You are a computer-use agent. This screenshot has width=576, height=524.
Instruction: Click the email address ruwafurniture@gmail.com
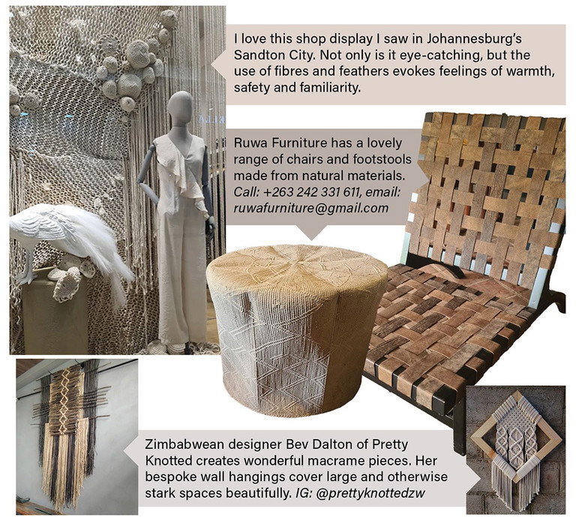click(x=311, y=208)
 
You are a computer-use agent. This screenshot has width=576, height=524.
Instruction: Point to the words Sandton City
click(x=271, y=55)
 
